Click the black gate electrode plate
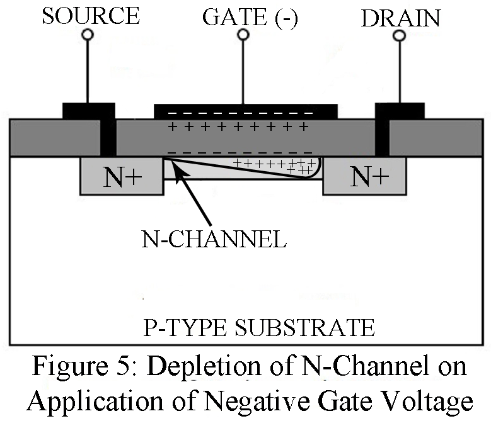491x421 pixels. pyautogui.click(x=246, y=111)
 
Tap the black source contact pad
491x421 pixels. pyautogui.click(x=89, y=111)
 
